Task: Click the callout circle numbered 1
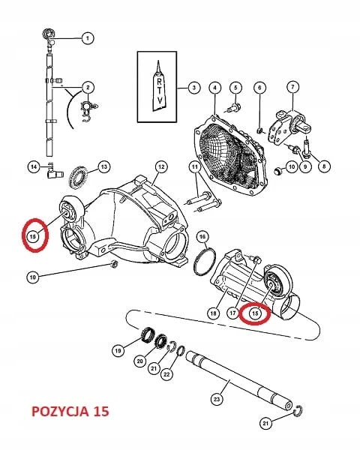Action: click(x=88, y=38)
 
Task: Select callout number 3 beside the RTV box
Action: click(x=194, y=87)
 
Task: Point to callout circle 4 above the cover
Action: click(x=215, y=87)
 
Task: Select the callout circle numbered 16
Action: click(x=202, y=236)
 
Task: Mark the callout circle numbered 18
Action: click(x=213, y=313)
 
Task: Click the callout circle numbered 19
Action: click(x=118, y=350)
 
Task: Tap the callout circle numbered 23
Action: click(x=217, y=399)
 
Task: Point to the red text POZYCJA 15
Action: click(x=70, y=411)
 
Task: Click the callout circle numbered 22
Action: click(x=166, y=374)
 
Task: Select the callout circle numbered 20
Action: click(x=139, y=361)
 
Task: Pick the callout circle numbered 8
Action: click(x=324, y=166)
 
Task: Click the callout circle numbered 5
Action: click(x=235, y=87)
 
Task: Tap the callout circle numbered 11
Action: click(x=195, y=166)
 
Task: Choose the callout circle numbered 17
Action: click(x=232, y=313)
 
